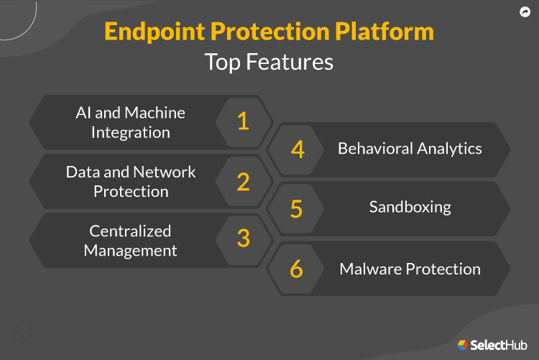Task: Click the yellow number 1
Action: coord(243,121)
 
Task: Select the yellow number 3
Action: coord(243,239)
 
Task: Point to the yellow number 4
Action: coord(298,149)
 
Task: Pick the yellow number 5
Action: coord(296,208)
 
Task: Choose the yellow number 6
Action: coord(297,269)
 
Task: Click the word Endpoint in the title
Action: coord(155,32)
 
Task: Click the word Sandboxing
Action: coord(410,207)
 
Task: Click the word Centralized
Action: coord(130,231)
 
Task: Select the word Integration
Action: coord(130,133)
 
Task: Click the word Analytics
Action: coord(451,149)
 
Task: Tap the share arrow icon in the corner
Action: coord(525,12)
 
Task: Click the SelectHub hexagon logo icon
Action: coord(463,345)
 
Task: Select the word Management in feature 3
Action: coord(130,250)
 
